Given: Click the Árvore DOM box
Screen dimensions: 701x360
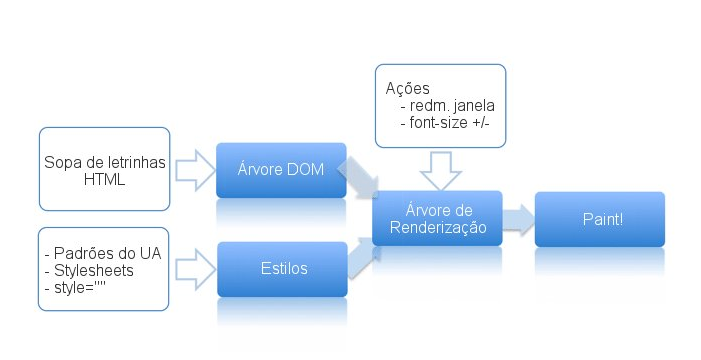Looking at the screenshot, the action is coord(281,170).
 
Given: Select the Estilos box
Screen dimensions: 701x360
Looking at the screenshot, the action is coord(282,269).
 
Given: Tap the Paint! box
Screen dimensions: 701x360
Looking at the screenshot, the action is coord(600,219).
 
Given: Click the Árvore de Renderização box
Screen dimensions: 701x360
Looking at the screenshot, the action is coord(437,218).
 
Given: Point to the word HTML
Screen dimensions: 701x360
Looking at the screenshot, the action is coord(104,180).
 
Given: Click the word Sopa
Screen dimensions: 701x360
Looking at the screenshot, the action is coord(62,163).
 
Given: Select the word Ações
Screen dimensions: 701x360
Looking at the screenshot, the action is coord(408,89).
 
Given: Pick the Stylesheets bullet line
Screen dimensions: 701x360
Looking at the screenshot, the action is coord(89,271).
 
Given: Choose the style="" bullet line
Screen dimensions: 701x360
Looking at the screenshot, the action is coord(75,288).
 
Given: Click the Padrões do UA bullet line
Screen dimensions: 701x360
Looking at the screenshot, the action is coord(103,254).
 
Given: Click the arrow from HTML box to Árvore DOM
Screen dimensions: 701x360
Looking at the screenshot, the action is coord(195,170).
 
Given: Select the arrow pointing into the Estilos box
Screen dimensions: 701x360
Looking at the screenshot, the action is coord(195,270).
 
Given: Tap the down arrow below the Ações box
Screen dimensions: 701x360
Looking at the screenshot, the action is coord(440,171).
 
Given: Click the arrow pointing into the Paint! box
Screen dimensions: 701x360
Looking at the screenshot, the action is coord(519,219).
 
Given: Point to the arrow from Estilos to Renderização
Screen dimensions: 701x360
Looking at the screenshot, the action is coord(361,258).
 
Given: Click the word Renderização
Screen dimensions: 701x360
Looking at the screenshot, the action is coord(438,227).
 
